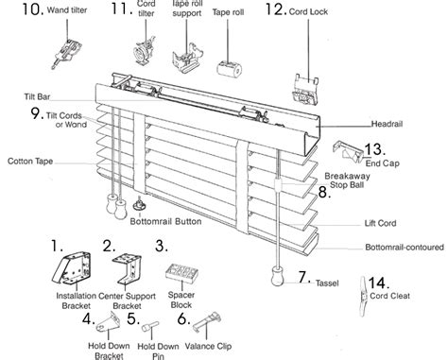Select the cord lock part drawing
click(x=306, y=90)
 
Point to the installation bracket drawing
click(x=72, y=267)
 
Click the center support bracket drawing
click(x=127, y=268)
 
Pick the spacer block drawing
click(x=182, y=273)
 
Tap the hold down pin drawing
click(x=150, y=326)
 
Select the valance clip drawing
click(x=207, y=321)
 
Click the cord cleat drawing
click(x=364, y=297)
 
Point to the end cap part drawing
click(x=348, y=152)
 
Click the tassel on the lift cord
click(x=278, y=276)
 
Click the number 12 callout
click(x=276, y=9)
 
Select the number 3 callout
click(x=162, y=246)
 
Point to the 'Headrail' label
click(x=387, y=124)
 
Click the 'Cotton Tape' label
click(x=30, y=162)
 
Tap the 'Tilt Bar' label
click(x=37, y=96)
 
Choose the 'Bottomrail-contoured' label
click(x=405, y=247)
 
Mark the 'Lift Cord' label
click(x=380, y=223)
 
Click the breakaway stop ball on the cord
click(x=278, y=185)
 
